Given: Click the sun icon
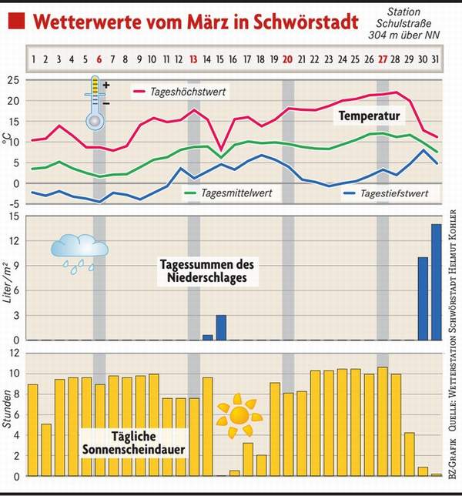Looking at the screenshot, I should point(238,416).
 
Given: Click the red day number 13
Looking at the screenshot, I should point(194,59).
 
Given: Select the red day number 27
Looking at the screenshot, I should point(382,59).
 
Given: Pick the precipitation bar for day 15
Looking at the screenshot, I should point(221,327).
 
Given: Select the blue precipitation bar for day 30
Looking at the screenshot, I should point(423,298).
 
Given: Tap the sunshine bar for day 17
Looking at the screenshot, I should point(248,459).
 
